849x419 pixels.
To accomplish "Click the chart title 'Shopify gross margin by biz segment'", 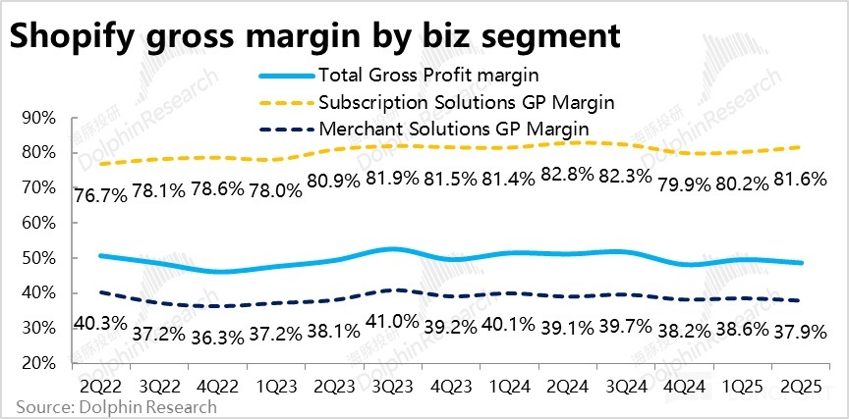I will pyautogui.click(x=315, y=36).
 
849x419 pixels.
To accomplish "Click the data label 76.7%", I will pyautogui.click(x=100, y=194).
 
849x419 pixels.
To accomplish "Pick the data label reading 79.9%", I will pyautogui.click(x=679, y=186).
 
